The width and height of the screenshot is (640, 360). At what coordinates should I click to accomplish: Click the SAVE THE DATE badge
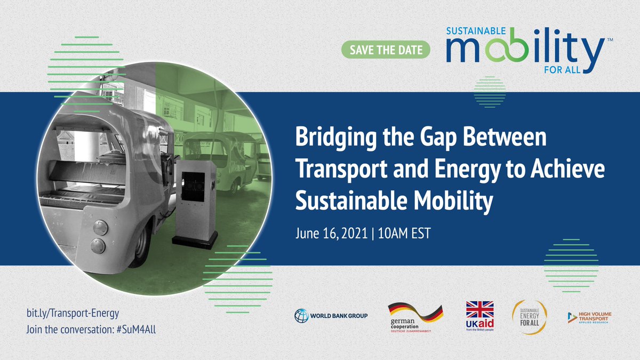(x=386, y=51)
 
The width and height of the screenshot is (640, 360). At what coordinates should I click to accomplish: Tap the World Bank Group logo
(x=331, y=316)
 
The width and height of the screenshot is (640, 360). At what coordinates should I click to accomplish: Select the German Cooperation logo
(x=415, y=317)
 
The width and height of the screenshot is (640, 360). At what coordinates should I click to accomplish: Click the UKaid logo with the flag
(x=480, y=317)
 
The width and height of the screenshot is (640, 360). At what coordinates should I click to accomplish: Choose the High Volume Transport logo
(x=589, y=317)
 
